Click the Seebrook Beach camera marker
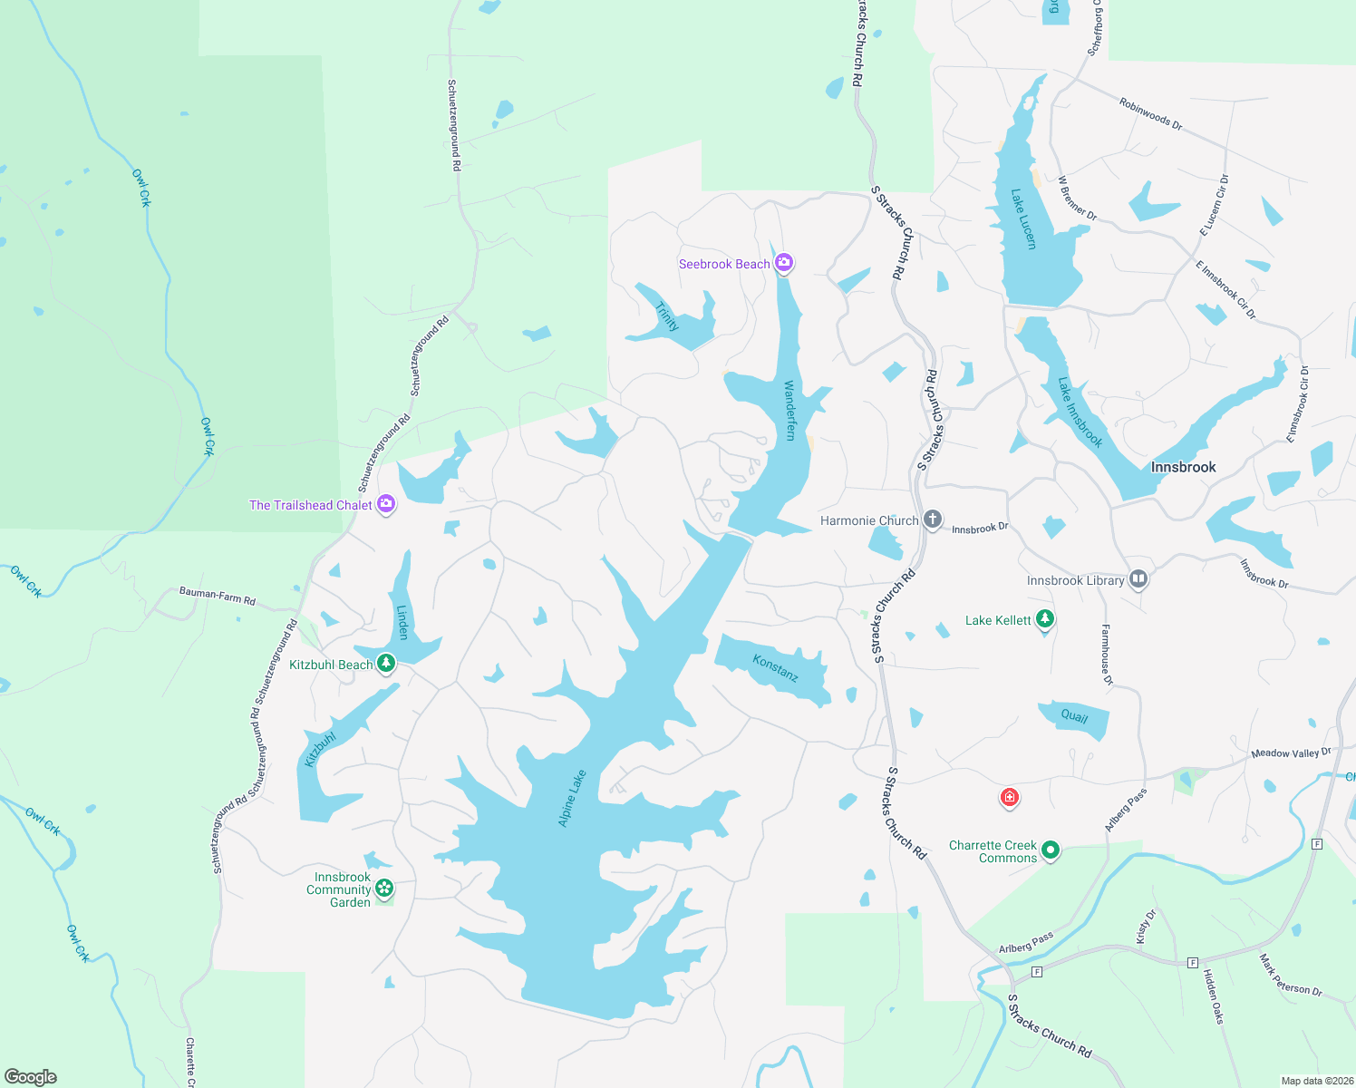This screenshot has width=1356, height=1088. pos(784,264)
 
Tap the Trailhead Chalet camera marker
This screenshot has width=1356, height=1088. pos(386,504)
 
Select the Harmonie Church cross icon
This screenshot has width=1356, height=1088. pos(933,520)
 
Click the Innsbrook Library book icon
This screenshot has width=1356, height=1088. pos(1138,579)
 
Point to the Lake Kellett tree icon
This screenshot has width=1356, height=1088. pos(1045,619)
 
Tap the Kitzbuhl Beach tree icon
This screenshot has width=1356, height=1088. pos(386,664)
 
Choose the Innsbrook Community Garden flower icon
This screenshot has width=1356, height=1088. pos(384,889)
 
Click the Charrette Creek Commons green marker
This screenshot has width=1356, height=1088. pos(1051,850)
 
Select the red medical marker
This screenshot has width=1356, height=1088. pos(1009,798)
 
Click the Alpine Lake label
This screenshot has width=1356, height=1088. pos(572,798)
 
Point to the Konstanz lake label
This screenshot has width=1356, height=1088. pos(775,668)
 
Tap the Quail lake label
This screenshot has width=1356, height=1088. pos(1074,716)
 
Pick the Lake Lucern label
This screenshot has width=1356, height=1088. pos(1023,219)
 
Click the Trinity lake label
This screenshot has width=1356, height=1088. pos(667,316)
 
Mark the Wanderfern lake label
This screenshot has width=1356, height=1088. pos(789,411)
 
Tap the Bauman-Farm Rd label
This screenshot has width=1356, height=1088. pos(218,596)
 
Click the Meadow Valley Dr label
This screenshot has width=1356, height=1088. pos(1291,753)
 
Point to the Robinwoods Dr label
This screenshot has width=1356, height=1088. pos(1150,114)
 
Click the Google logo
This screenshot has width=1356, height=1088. pos(30,1077)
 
